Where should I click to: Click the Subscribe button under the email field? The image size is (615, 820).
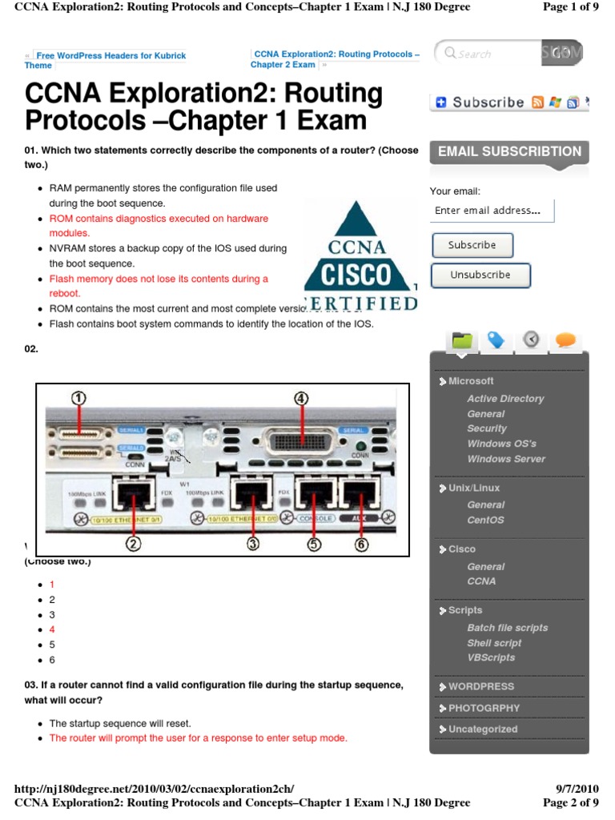tap(472, 245)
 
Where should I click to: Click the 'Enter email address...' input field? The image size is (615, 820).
tap(492, 211)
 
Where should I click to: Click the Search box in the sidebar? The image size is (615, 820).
tap(488, 54)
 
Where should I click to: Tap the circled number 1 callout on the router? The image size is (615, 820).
tap(78, 398)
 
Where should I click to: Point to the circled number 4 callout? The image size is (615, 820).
tap(300, 397)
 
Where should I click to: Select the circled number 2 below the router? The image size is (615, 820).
tap(133, 544)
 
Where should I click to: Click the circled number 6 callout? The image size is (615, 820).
tap(361, 544)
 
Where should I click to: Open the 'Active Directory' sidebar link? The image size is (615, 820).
tap(505, 398)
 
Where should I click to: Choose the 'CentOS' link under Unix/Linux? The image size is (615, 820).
tap(485, 520)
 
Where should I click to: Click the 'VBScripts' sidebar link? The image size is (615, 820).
tap(491, 657)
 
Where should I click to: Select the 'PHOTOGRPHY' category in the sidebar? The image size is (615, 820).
tap(484, 708)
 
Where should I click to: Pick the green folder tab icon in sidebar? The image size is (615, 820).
tap(462, 340)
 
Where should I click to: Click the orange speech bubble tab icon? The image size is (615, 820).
tap(565, 340)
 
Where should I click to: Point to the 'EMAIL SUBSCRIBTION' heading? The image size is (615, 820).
tap(509, 151)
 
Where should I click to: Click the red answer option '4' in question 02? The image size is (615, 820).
tap(52, 629)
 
